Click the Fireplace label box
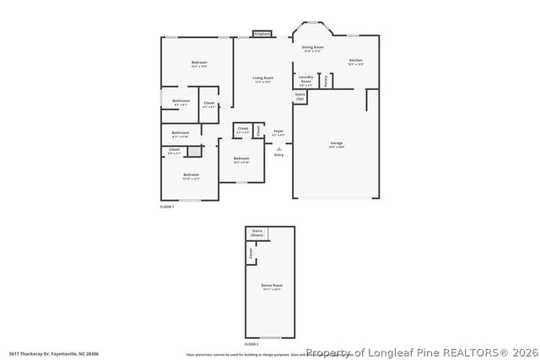(262, 35)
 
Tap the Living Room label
(262, 79)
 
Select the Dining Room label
(313, 49)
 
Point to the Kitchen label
(356, 62)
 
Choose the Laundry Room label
(305, 81)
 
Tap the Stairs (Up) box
(300, 97)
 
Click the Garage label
(336, 145)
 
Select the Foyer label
(278, 132)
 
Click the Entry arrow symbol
(278, 148)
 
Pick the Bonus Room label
(272, 287)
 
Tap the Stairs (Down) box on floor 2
(256, 234)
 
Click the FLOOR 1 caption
(167, 207)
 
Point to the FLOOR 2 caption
(251, 344)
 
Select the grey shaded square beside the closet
(194, 152)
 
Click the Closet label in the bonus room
(251, 251)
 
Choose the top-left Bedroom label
(199, 64)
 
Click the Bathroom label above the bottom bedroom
(181, 133)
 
